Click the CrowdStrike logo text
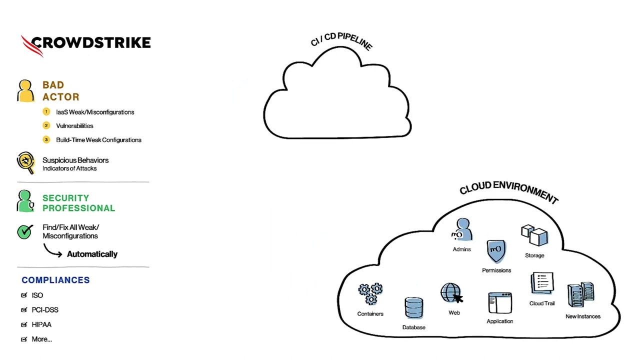click(x=90, y=43)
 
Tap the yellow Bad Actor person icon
click(x=25, y=91)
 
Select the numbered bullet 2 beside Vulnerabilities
click(x=46, y=125)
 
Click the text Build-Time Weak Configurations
click(x=98, y=140)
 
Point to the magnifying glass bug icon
click(x=25, y=162)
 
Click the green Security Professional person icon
click(x=25, y=201)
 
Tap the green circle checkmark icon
click(x=24, y=231)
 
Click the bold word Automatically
click(x=92, y=254)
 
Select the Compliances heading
click(x=55, y=280)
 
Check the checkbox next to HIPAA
click(x=24, y=324)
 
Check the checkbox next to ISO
click(x=24, y=295)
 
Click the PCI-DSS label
click(x=45, y=310)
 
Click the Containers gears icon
click(x=370, y=294)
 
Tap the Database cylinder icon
click(x=413, y=308)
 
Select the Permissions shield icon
click(x=496, y=251)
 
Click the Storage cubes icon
click(x=534, y=235)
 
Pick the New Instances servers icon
click(x=581, y=295)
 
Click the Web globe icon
click(x=450, y=293)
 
